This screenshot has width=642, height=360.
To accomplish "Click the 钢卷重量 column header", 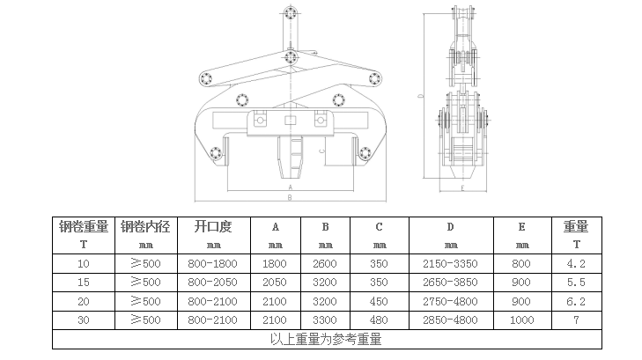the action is point(84,226).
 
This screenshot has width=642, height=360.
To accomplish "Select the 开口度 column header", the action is point(213,226).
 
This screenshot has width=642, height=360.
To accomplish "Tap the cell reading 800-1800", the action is point(212,264).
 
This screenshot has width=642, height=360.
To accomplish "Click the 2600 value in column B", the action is point(325,264).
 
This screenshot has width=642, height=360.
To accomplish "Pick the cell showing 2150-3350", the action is point(450,264).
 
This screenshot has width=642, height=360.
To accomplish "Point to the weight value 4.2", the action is point(576,264).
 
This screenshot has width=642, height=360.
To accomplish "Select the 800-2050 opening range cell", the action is point(212,283).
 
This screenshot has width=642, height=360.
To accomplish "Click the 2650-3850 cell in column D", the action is point(450,283).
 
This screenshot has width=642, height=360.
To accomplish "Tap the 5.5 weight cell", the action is point(576,283).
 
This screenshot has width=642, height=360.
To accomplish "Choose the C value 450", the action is point(379,302).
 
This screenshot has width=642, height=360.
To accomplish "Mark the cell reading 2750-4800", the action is point(450,302).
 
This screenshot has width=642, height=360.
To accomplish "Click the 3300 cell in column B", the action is point(325,320).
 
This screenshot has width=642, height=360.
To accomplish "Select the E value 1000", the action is point(521,320).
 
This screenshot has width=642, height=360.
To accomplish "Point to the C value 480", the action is point(379,320).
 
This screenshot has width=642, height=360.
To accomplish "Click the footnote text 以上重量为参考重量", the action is point(326,339).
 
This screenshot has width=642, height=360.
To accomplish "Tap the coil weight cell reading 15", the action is point(84,283).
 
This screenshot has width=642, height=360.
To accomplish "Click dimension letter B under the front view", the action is point(290,197).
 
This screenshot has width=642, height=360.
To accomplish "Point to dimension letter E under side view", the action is point(462,188).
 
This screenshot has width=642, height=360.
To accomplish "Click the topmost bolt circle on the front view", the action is point(291,12).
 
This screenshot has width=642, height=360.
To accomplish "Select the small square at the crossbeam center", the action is point(290,121).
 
